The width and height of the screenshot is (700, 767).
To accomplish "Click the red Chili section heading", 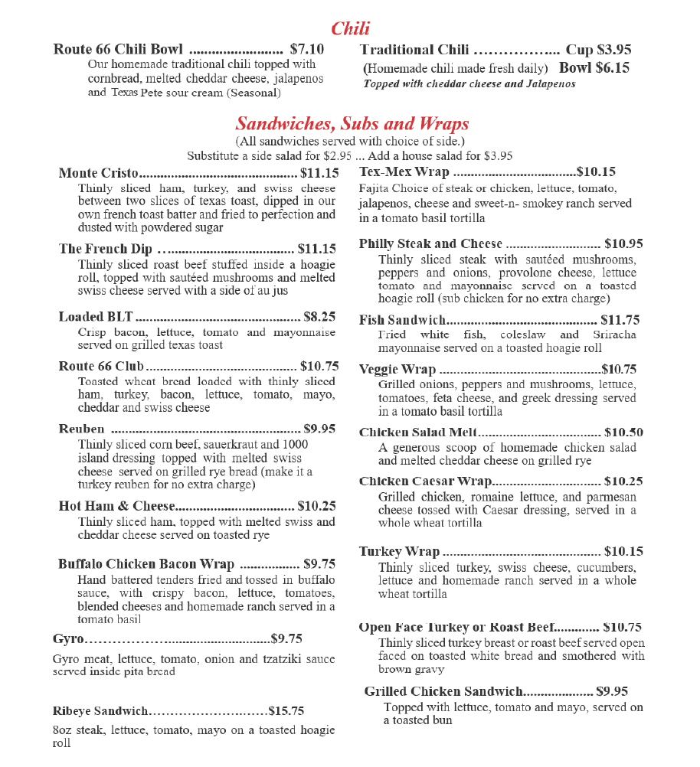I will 350,29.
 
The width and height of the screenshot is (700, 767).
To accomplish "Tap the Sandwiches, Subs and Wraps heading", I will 352,124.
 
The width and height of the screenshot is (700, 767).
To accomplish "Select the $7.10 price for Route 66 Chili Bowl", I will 306,50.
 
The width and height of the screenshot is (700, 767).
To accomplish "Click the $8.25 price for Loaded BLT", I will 319,316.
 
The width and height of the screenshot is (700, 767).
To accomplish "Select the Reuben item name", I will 81,429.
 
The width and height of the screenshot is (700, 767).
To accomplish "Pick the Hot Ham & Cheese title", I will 117,506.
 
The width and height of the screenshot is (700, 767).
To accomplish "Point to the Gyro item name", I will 68,638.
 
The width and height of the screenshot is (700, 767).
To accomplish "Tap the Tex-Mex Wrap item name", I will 404,172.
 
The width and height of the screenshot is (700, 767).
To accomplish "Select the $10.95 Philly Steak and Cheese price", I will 623,244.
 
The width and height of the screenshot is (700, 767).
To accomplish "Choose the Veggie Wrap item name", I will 397,370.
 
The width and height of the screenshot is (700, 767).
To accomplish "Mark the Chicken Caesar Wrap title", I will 425,481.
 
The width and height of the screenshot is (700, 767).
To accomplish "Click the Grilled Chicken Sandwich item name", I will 443,691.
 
